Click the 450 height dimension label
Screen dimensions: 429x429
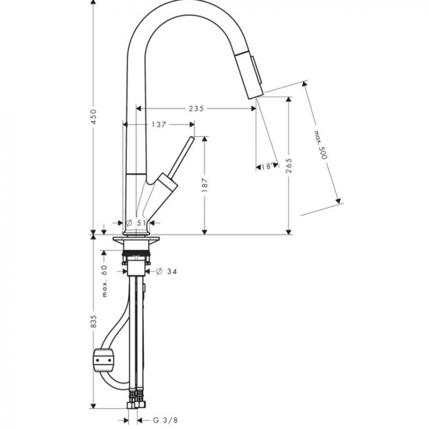[94, 117]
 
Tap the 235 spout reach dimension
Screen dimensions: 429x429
[196, 109]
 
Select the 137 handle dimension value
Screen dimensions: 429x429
[159, 125]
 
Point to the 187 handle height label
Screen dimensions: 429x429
[204, 185]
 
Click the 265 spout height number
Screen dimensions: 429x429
[288, 166]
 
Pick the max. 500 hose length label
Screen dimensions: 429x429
[320, 145]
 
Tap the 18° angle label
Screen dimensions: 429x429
[267, 166]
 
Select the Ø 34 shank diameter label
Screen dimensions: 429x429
[166, 272]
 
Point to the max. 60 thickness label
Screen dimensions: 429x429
[105, 281]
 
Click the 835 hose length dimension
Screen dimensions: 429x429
[94, 321]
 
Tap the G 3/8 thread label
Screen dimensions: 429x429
[165, 420]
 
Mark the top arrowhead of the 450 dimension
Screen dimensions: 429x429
[94, 2]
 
